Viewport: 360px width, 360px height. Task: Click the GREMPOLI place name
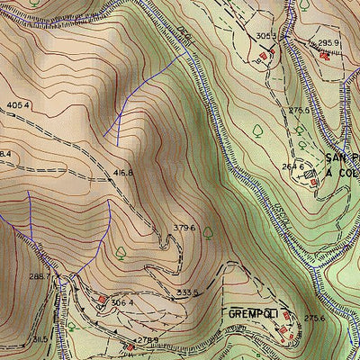pyautogui.click(x=251, y=315)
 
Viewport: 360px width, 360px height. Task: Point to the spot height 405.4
pyautogui.click(x=18, y=105)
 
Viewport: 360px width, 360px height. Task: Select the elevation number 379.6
pyautogui.click(x=184, y=228)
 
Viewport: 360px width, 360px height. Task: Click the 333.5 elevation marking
pyautogui.click(x=187, y=292)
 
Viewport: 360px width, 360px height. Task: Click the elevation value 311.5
pyautogui.click(x=39, y=339)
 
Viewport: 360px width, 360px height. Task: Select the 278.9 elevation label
pyautogui.click(x=148, y=340)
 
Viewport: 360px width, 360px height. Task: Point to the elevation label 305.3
pyautogui.click(x=265, y=37)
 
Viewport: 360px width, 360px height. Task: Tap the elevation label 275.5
pyautogui.click(x=300, y=111)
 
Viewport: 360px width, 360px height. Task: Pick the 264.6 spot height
pyautogui.click(x=292, y=166)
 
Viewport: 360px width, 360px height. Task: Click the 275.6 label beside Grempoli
pyautogui.click(x=313, y=318)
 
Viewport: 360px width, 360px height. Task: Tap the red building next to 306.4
pyautogui.click(x=103, y=300)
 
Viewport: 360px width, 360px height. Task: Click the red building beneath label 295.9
pyautogui.click(x=324, y=55)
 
